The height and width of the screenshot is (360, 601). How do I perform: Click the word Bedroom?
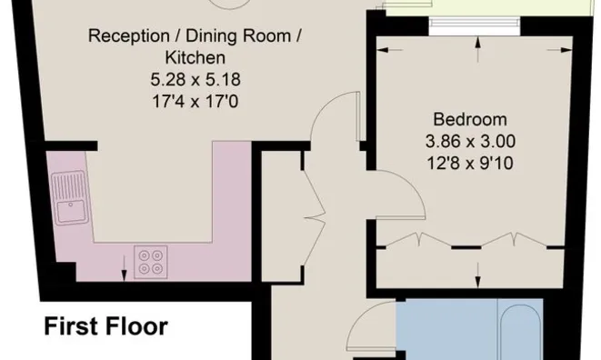pyautogui.click(x=470, y=120)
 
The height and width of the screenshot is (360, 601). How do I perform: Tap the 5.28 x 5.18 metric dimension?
pyautogui.click(x=195, y=80)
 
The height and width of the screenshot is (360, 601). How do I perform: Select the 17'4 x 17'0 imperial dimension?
pyautogui.click(x=195, y=102)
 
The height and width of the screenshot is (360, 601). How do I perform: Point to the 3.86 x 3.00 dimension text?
pyautogui.click(x=470, y=142)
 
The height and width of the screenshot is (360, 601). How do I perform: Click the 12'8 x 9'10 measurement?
pyautogui.click(x=470, y=164)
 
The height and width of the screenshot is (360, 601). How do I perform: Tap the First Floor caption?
pyautogui.click(x=106, y=326)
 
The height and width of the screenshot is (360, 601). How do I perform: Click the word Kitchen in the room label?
pyautogui.click(x=195, y=58)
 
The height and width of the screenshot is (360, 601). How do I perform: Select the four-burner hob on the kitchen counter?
pyautogui.click(x=151, y=262)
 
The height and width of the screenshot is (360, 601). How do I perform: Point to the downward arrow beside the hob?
pyautogui.click(x=124, y=268)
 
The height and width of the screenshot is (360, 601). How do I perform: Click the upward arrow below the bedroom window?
pyautogui.click(x=477, y=49)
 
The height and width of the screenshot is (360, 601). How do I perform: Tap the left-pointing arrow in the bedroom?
pyautogui.click(x=390, y=49)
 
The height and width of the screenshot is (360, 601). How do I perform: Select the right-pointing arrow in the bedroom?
pyautogui.click(x=559, y=49)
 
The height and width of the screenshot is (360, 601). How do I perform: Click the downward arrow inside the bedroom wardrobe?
pyautogui.click(x=477, y=275)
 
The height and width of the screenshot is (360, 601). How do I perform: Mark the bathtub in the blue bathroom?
pyautogui.click(x=520, y=330)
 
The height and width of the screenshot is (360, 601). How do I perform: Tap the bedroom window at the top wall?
pyautogui.click(x=475, y=22)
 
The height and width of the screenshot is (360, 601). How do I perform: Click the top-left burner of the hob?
pyautogui.click(x=145, y=255)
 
